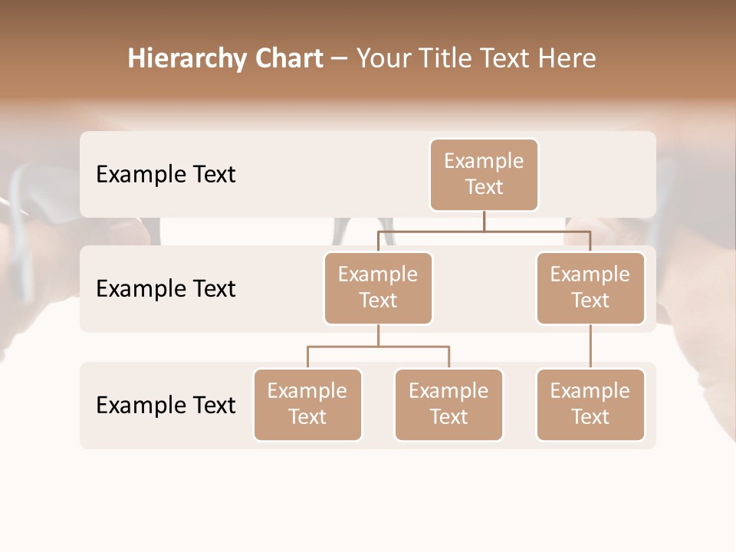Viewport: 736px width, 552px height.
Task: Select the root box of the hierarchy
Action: point(484,175)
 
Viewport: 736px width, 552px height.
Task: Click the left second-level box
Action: point(378,288)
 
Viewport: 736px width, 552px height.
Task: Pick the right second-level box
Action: point(590,288)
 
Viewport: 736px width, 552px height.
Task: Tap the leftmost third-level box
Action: point(307,405)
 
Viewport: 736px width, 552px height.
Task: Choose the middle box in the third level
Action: point(449,405)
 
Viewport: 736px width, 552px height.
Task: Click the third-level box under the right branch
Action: point(590,405)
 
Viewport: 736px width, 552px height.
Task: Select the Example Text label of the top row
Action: point(166,175)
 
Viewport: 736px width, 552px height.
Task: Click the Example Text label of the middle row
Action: point(166,289)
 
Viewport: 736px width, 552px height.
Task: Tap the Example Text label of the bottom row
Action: point(166,405)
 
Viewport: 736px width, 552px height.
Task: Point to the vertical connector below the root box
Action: point(484,221)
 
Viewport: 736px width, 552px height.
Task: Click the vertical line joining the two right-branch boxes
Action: point(590,347)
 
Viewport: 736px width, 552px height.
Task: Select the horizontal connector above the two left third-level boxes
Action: point(378,347)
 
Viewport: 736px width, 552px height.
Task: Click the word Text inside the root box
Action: point(484,187)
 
